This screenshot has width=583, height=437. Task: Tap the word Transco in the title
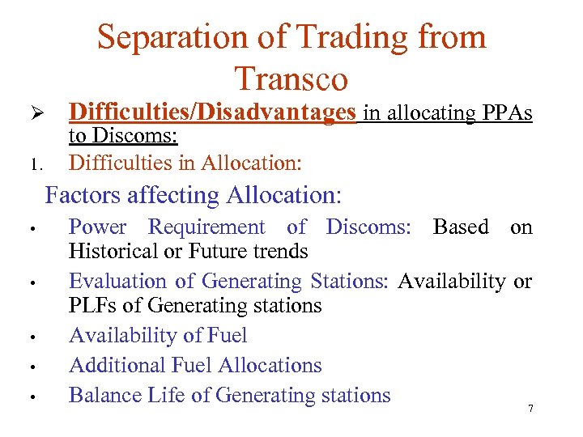(x=291, y=78)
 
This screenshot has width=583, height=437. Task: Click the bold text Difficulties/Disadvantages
(x=212, y=112)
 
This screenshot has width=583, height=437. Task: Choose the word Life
(x=164, y=395)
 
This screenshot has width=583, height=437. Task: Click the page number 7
(x=530, y=409)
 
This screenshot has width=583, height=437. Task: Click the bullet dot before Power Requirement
(x=28, y=229)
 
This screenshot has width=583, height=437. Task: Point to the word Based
(x=461, y=227)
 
